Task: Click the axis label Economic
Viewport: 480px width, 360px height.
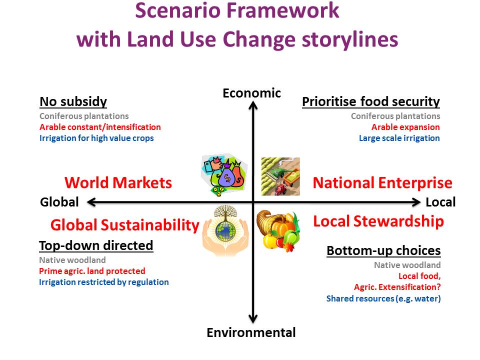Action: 251,93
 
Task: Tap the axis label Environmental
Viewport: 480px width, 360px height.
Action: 251,332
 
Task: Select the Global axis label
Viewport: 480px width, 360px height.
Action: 59,202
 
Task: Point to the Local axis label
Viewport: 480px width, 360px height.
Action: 440,202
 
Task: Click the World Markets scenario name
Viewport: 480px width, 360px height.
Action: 118,183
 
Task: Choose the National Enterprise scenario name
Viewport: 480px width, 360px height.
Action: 382,183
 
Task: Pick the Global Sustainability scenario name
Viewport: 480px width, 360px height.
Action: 125,225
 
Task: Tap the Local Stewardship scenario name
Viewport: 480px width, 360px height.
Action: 378,221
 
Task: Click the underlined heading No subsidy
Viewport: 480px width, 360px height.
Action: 73,101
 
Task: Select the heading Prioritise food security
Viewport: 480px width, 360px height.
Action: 370,101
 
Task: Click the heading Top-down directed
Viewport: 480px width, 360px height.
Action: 96,245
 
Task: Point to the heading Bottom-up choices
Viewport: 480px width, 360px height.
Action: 383,250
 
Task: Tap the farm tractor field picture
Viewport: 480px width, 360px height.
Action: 280,176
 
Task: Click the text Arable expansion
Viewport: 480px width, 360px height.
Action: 405,127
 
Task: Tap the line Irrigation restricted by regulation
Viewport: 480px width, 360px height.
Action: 104,282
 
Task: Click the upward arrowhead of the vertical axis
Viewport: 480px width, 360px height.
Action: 253,105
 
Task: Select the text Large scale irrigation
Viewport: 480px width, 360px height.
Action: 399,138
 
